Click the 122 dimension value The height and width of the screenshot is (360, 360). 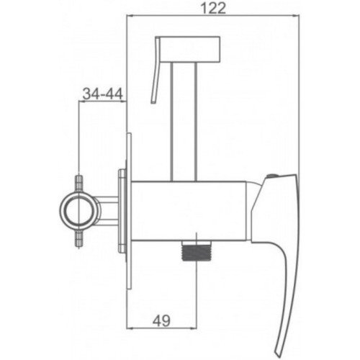[x=213, y=9]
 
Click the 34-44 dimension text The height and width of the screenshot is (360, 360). [x=102, y=94]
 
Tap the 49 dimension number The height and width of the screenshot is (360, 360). [x=161, y=320]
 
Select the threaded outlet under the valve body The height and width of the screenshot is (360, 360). [x=197, y=251]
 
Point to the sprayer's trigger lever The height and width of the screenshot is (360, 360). [x=156, y=70]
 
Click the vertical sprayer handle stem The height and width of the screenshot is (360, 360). [x=184, y=121]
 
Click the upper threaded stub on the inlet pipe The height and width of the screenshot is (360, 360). [x=79, y=183]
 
